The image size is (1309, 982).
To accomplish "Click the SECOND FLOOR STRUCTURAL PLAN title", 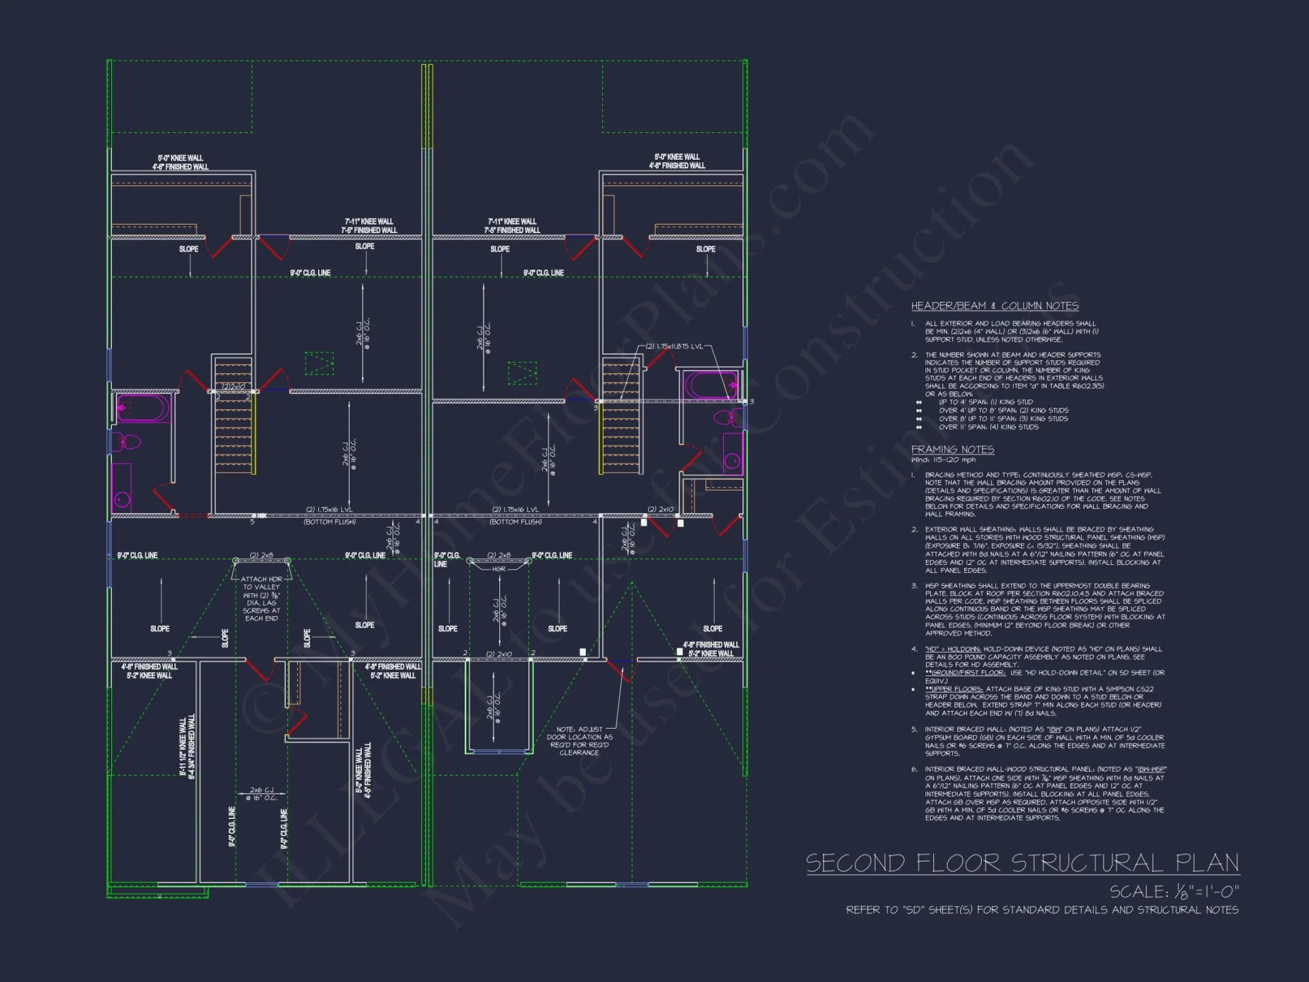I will [x=1022, y=863].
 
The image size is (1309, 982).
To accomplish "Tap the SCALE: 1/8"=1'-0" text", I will [x=1174, y=892].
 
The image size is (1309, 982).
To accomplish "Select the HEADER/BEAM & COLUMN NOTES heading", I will [x=994, y=306].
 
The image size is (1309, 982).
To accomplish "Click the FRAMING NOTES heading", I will [x=952, y=449].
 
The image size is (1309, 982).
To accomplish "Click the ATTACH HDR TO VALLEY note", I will [x=261, y=598].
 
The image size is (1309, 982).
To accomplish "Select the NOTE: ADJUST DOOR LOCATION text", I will [x=579, y=740].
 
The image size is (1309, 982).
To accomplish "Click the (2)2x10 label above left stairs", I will [x=233, y=387].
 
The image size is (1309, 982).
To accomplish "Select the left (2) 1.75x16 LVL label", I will [x=330, y=509].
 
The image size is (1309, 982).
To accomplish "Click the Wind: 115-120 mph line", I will [x=943, y=460].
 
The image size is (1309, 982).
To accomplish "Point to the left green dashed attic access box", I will [x=319, y=363].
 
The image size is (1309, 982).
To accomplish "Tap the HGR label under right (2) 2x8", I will [x=499, y=569].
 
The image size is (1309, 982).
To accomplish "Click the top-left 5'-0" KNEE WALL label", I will [x=180, y=158].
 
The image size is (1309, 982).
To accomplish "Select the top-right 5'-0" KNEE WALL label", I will [x=677, y=156].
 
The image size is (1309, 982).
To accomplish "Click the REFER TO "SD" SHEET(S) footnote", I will [x=1041, y=909].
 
